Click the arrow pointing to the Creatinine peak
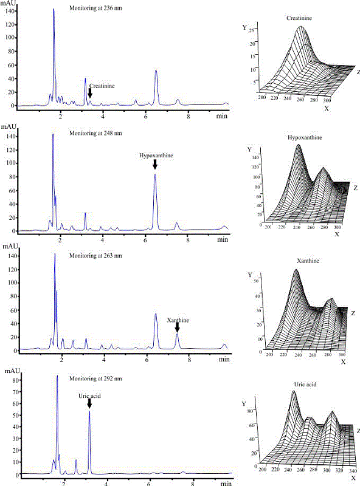90,93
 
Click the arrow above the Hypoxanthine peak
155,165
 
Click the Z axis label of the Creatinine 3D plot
358,72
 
